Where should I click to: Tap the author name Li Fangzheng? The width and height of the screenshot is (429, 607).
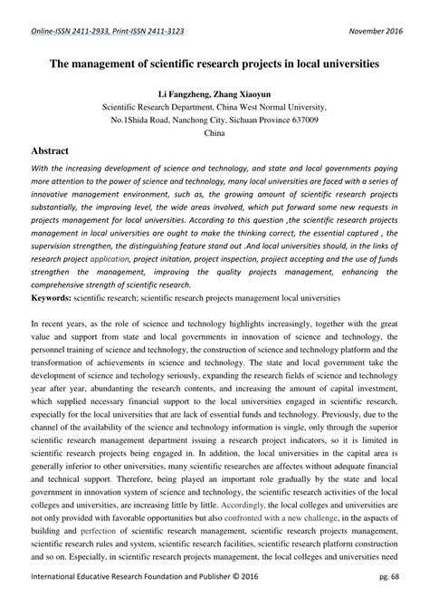tap(185, 93)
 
